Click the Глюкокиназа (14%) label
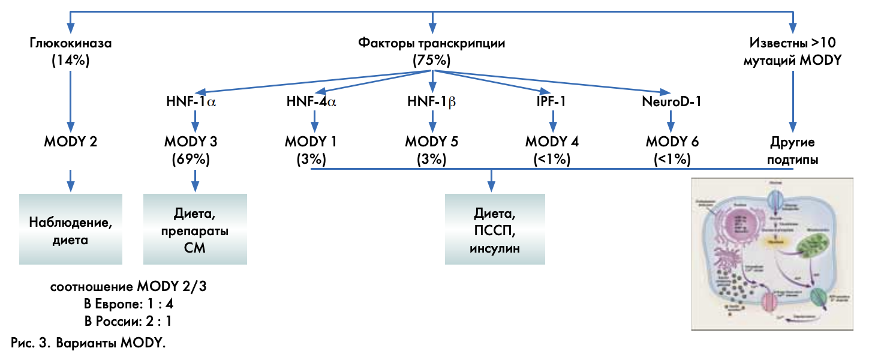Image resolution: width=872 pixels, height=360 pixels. [71, 52]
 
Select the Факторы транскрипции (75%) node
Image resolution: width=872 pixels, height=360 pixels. [432, 52]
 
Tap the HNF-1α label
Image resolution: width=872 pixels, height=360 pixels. [191, 102]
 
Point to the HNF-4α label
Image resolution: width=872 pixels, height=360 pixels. [312, 102]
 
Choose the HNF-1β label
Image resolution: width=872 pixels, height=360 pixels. [431, 102]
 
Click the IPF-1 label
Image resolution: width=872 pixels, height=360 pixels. [552, 102]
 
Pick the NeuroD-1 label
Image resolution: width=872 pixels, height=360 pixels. [671, 102]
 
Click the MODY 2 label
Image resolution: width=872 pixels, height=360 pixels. [71, 143]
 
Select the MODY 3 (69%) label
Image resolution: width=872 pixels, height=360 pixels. [191, 151]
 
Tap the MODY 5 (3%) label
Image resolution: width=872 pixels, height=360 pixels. [431, 151]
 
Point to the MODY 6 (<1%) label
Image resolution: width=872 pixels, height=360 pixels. [672, 151]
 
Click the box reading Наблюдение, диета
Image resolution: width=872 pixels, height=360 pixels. [70, 229]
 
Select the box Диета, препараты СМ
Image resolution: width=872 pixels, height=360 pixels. [195, 229]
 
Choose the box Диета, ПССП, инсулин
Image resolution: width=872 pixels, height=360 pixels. [495, 229]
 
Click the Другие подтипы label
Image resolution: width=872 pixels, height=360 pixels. [793, 151]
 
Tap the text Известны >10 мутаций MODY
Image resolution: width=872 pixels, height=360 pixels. [793, 52]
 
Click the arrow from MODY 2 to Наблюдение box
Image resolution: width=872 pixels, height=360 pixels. [71, 179]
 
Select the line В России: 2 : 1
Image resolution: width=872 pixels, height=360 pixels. [128, 321]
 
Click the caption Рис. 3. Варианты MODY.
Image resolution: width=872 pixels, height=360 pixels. [88, 344]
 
